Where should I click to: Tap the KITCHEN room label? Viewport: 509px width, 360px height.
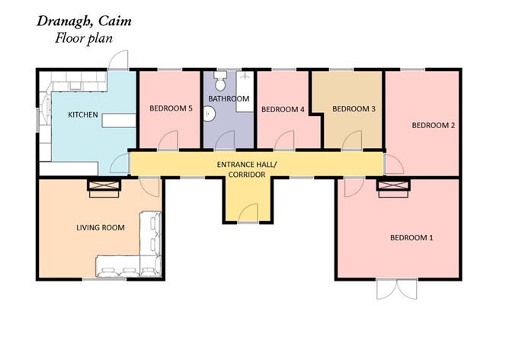(x=82, y=114)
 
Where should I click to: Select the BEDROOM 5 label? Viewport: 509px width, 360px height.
(x=169, y=109)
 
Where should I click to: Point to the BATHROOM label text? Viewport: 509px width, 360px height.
(x=229, y=99)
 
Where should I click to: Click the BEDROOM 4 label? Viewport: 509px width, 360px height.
(x=283, y=109)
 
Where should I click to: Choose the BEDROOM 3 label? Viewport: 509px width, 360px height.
(x=354, y=108)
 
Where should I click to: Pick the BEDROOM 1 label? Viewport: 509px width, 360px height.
(x=411, y=238)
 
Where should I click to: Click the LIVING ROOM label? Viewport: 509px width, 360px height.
(x=100, y=227)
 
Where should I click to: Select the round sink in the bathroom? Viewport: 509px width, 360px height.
(x=213, y=114)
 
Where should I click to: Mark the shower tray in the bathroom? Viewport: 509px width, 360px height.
(x=245, y=92)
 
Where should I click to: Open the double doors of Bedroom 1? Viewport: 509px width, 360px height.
(x=397, y=290)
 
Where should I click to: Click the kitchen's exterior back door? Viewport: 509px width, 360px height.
(x=119, y=60)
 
